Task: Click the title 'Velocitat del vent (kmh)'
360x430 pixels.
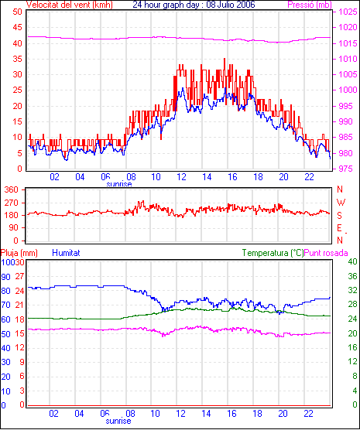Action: click(x=70, y=5)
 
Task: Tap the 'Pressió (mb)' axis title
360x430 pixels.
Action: click(x=310, y=5)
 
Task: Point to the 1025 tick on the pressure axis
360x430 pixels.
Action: click(x=348, y=12)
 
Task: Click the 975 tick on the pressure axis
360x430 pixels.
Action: click(x=348, y=169)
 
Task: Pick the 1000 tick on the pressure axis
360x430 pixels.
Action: click(x=348, y=90)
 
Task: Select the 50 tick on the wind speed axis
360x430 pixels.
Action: click(x=17, y=12)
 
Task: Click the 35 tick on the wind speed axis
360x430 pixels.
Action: click(x=17, y=59)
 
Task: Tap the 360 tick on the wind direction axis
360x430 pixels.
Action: click(x=12, y=189)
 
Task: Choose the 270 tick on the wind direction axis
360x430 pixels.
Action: click(x=12, y=203)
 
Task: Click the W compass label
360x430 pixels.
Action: click(x=341, y=203)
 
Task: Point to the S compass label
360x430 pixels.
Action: click(x=339, y=216)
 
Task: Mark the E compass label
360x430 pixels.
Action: click(x=339, y=228)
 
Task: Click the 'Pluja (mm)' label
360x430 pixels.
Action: click(x=19, y=253)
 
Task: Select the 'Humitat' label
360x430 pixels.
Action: click(x=66, y=253)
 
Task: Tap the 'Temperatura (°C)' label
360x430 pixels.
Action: click(x=273, y=253)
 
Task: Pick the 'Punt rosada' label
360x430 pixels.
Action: click(x=326, y=253)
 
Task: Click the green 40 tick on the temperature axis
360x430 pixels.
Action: click(x=352, y=261)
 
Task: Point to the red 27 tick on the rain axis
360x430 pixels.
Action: click(x=20, y=276)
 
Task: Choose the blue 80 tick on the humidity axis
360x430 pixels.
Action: click(x=5, y=291)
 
